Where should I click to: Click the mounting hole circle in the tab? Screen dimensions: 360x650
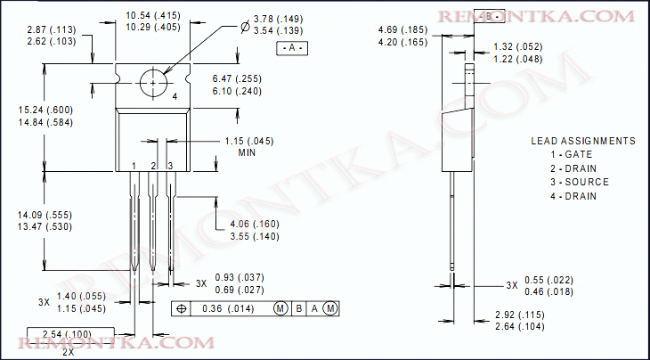[x=153, y=82]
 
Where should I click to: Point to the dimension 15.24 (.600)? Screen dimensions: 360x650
[x=45, y=110]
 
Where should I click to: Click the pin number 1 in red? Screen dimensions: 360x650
[x=134, y=166]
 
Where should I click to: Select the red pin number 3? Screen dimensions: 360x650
[x=170, y=166]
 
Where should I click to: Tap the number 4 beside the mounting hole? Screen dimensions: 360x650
[x=175, y=95]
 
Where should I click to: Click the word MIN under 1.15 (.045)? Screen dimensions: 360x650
[x=248, y=153]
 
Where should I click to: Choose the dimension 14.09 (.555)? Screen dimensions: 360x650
[x=45, y=215]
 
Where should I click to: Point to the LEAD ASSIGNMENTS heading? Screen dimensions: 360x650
[x=583, y=141]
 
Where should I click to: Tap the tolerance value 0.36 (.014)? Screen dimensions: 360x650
[x=228, y=308]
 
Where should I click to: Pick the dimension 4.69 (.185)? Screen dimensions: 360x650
[x=403, y=30]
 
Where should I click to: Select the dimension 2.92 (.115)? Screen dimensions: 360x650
[x=519, y=315]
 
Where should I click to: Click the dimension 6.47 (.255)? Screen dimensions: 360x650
[x=236, y=78]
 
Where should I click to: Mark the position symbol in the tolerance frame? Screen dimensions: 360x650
[x=183, y=308]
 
